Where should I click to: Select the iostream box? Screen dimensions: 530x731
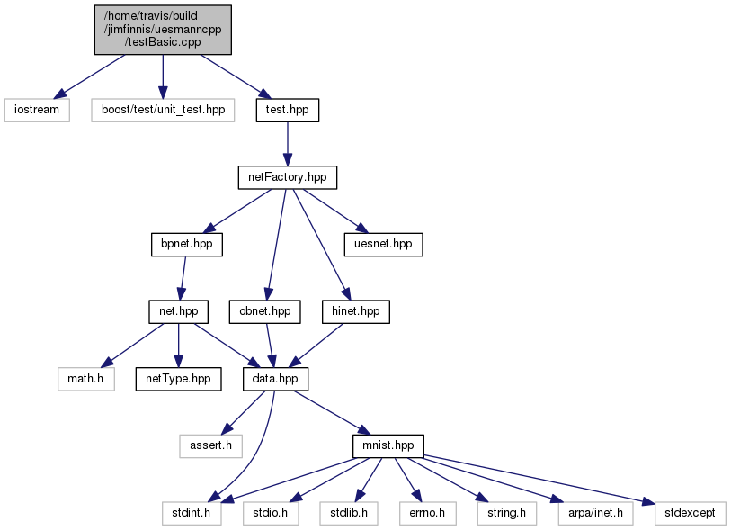coord(37,110)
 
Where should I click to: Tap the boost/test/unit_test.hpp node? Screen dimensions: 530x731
coord(162,110)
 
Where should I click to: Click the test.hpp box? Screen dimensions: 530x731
coord(287,110)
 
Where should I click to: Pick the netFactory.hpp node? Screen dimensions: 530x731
coord(287,177)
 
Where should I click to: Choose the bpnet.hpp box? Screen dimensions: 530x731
coord(186,244)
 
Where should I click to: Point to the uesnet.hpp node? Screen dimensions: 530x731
coord(382,244)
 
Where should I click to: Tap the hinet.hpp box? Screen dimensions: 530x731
coord(351,311)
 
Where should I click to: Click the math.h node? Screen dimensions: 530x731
coord(87,378)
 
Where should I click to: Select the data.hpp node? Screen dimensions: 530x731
coord(276,378)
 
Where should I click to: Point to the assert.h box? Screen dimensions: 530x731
coord(210,445)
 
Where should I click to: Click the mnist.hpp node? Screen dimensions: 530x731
coord(387,445)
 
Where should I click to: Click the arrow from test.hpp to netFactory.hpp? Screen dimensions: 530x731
coord(287,143)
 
